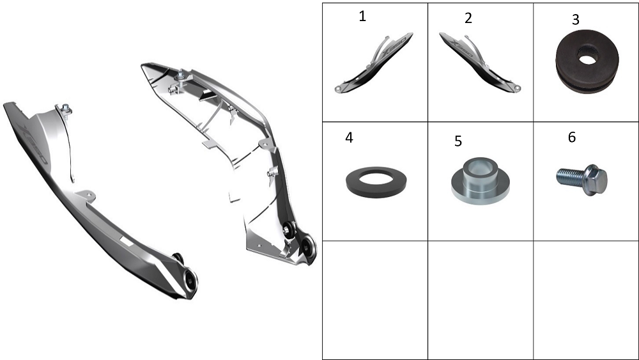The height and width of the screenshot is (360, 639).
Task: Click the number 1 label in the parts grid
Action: tap(362, 17)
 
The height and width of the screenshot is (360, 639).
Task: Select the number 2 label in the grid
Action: tap(468, 18)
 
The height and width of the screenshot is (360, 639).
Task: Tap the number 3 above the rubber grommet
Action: tap(576, 20)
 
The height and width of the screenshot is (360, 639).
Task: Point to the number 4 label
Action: tap(349, 138)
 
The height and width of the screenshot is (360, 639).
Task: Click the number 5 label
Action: tap(458, 141)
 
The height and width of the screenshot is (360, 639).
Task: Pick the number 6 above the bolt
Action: tap(572, 137)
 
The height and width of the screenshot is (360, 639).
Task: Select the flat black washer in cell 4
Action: tap(376, 182)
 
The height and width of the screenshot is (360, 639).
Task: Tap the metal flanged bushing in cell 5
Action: tap(481, 180)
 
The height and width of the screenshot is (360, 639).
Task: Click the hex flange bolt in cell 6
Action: tap(582, 180)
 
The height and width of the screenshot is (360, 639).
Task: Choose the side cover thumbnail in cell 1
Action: tap(374, 63)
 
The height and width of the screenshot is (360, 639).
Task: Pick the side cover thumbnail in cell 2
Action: tap(480, 63)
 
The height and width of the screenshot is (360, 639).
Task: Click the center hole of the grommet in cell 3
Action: tap(587, 59)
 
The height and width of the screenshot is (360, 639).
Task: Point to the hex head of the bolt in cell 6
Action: tap(596, 180)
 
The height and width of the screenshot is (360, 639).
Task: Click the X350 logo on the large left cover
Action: tap(34, 145)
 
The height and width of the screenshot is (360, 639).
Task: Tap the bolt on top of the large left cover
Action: tap(65, 109)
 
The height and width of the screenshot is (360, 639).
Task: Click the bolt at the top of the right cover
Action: tap(180, 75)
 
